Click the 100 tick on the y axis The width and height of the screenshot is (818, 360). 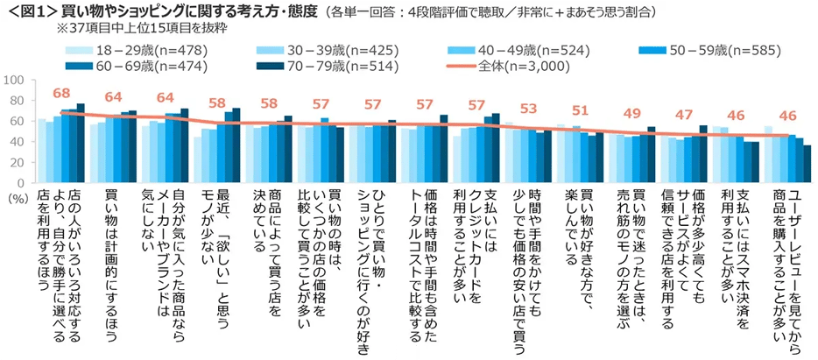pyautogui.click(x=15, y=81)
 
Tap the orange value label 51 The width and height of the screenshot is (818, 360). pyautogui.click(x=581, y=110)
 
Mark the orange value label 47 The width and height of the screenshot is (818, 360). pyautogui.click(x=684, y=115)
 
